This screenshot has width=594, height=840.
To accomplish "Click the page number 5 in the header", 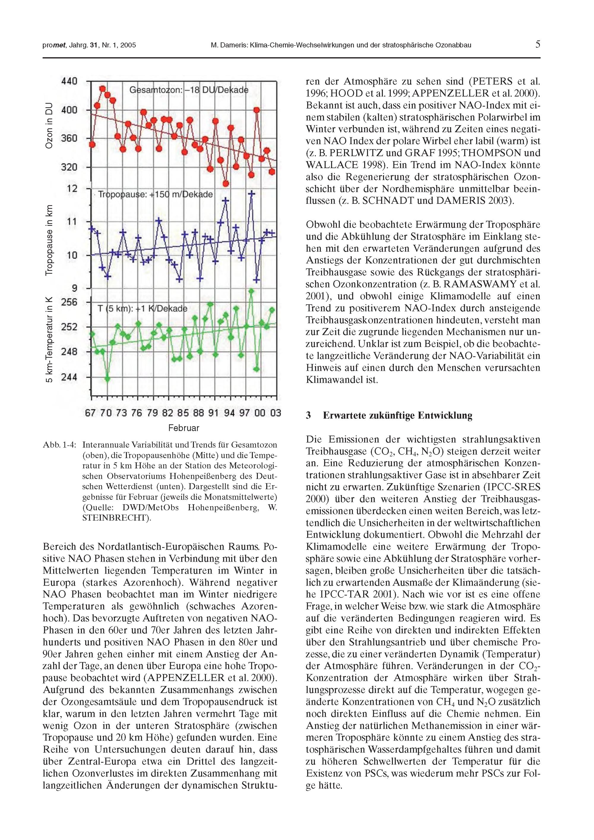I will (x=538, y=45).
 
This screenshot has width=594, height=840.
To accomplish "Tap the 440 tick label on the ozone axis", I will (x=69, y=81).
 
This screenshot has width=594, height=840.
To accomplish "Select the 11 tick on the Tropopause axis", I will (x=72, y=222).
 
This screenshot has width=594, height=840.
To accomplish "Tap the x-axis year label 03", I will (x=275, y=413).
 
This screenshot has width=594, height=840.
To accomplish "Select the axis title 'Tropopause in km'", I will (x=49, y=239).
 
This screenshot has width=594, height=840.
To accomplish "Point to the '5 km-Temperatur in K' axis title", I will (x=49, y=340).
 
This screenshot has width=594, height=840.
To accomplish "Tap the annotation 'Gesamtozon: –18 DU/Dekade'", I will (x=189, y=90).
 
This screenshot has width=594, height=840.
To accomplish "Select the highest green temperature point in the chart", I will (x=251, y=291).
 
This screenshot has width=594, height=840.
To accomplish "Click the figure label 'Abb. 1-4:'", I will (x=60, y=445).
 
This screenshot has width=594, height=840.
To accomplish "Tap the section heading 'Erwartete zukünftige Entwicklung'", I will (x=398, y=416).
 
